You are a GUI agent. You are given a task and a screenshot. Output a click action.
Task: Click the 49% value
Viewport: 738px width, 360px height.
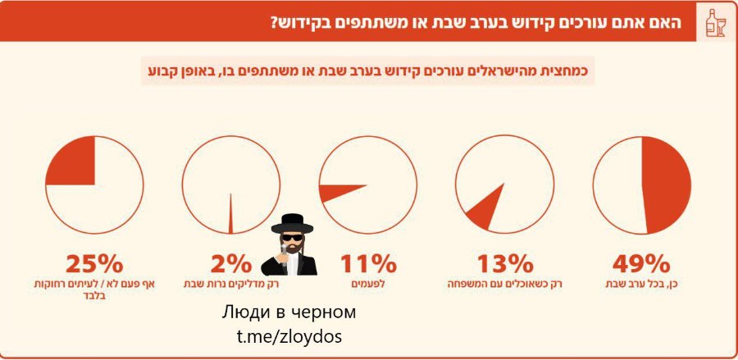pos(641,264)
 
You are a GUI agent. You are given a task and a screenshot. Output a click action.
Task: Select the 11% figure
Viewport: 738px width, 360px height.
pos(368,264)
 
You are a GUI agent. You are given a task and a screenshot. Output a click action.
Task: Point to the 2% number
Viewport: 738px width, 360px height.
pos(230,264)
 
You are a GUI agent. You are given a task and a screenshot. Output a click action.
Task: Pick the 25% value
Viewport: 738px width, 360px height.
pos(94,264)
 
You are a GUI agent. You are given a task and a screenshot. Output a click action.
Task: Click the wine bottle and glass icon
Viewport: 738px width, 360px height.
pos(716,23)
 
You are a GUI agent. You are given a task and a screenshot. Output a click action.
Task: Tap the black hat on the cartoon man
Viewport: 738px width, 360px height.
pos(292,224)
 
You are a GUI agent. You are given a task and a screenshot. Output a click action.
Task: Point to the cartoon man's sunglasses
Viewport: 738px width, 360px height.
pos(292,237)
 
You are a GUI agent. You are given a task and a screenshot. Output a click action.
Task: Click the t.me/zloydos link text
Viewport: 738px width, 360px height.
pos(289,336)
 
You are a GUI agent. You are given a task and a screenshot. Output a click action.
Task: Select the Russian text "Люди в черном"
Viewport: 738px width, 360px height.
pos(289,312)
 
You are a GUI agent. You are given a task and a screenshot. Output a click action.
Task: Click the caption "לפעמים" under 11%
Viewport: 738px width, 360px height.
pos(368,285)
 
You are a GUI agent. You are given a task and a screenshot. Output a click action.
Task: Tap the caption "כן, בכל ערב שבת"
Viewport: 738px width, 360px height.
pos(641,285)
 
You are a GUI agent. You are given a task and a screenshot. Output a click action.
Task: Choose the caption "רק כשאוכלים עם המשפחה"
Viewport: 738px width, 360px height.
pos(504,285)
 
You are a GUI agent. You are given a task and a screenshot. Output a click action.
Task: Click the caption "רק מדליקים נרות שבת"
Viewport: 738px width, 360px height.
pos(230,285)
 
